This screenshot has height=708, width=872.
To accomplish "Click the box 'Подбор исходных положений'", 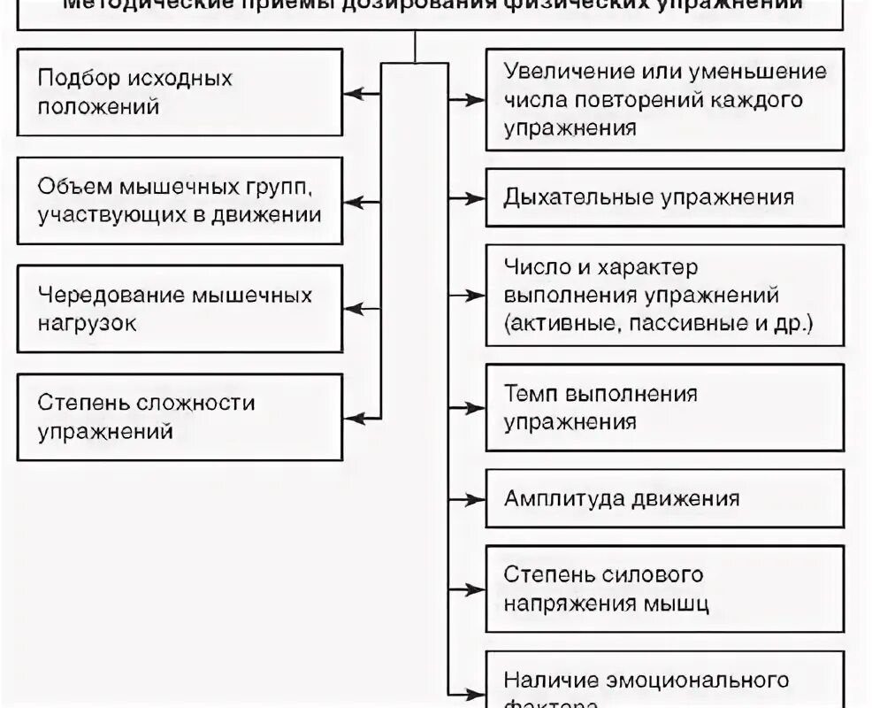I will point(180,92).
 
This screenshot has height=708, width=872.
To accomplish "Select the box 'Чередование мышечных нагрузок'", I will point(180,309).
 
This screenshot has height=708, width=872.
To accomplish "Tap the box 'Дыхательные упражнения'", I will point(664,197).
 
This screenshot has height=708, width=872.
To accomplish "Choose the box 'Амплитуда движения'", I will point(664,498).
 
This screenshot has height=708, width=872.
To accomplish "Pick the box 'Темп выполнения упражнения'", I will point(664,407).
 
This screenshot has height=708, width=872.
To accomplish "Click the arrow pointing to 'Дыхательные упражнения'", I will point(467,196).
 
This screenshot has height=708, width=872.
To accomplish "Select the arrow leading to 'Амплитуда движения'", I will point(467,498).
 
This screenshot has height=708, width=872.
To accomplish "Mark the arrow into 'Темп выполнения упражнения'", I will point(467,408).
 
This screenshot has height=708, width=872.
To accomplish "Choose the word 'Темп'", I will point(530,393).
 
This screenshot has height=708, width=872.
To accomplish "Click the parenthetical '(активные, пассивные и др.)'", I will point(658,323).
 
